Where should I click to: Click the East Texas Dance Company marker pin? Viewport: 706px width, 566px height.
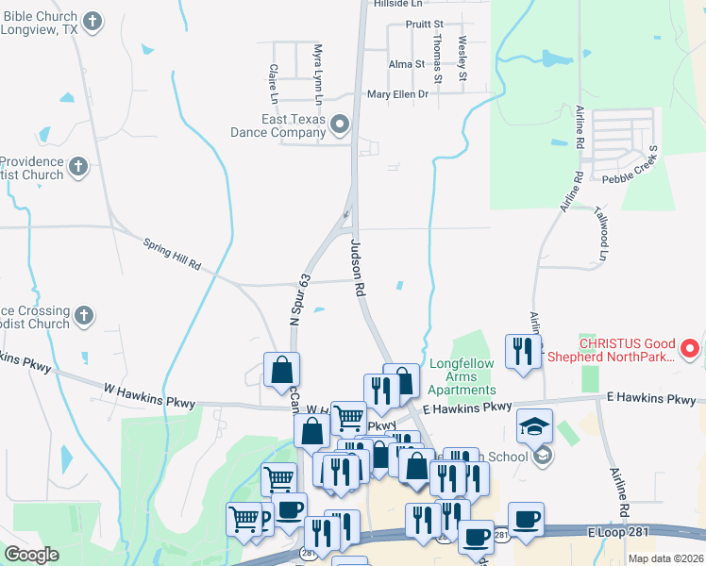341,124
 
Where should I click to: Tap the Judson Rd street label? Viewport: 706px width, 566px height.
357,269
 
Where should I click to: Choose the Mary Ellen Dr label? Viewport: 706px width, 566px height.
397,94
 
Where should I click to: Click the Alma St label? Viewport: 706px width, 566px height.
407,64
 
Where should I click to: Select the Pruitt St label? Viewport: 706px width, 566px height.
424,24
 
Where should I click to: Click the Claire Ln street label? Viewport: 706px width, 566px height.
273,83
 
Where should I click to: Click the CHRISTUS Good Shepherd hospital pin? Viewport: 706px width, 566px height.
690,349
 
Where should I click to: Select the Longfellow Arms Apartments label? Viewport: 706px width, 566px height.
462,376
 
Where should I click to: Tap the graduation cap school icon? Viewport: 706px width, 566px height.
535,426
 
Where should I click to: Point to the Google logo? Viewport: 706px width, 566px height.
31,554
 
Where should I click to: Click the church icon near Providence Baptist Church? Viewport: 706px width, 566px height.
78,167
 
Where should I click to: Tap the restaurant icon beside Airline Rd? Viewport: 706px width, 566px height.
523,351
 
